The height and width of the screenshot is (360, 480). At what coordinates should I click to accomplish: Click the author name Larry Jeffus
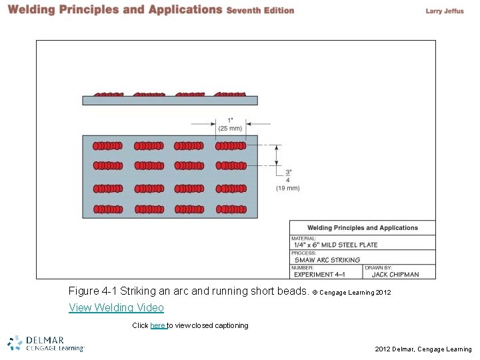click(x=444, y=11)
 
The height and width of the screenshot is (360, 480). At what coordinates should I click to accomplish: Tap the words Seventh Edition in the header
click(x=260, y=11)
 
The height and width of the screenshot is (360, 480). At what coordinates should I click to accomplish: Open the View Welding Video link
click(x=116, y=307)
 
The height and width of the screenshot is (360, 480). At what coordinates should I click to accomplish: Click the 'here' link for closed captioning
click(x=157, y=325)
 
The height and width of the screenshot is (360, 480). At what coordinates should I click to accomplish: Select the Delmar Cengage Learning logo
click(x=45, y=343)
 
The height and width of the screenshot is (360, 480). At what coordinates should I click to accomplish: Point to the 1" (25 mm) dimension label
click(x=230, y=124)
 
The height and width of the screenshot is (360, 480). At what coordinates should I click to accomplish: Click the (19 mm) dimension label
click(x=288, y=188)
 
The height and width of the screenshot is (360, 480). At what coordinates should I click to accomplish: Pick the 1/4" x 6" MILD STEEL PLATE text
click(x=335, y=245)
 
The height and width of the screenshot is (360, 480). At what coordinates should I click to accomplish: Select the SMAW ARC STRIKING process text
click(x=327, y=260)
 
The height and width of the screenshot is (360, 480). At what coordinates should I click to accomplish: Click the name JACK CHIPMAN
click(x=395, y=274)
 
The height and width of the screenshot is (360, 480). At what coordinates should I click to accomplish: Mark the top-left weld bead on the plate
click(x=107, y=146)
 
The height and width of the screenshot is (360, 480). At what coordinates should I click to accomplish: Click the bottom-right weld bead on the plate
click(x=230, y=209)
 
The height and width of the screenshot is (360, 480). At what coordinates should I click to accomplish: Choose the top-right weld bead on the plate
click(x=230, y=146)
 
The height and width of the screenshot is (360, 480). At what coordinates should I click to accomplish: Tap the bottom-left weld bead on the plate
click(x=107, y=209)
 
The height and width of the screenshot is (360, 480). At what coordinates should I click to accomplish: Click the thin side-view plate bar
click(x=169, y=101)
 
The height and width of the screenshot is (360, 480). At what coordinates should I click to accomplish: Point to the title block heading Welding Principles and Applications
click(x=363, y=228)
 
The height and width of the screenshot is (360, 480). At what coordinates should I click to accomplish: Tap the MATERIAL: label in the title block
click(x=304, y=238)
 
